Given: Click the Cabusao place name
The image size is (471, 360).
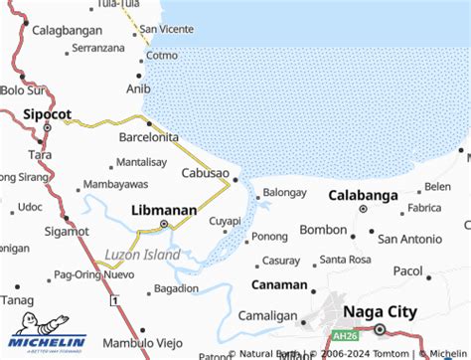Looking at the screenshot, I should coord(206,173).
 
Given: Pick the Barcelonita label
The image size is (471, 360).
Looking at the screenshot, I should coord(148,136).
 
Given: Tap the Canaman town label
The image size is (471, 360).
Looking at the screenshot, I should coord(279,284).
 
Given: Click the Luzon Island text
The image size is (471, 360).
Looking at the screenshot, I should coord(143,255).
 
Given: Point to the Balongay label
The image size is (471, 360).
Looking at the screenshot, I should coord(285,192).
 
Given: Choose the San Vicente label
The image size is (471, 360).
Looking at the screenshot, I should coord(167,29).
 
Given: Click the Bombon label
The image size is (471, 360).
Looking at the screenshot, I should coord(323,230).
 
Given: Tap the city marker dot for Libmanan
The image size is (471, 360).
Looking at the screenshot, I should coord(164,226).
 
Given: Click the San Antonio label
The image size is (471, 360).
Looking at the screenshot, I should coord(409,238).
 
